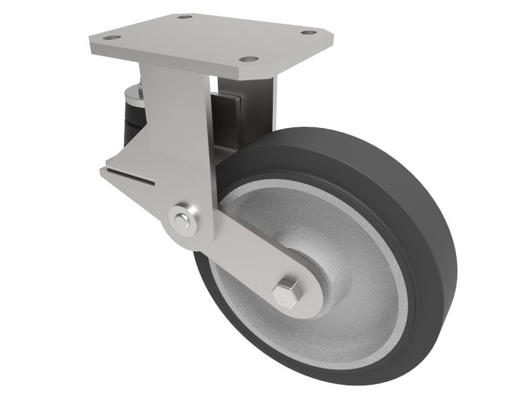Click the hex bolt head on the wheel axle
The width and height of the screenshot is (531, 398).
click(286, 291)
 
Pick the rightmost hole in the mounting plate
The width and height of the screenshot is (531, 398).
click(307, 32)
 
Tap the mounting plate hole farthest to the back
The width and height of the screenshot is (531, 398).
click(185, 17)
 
